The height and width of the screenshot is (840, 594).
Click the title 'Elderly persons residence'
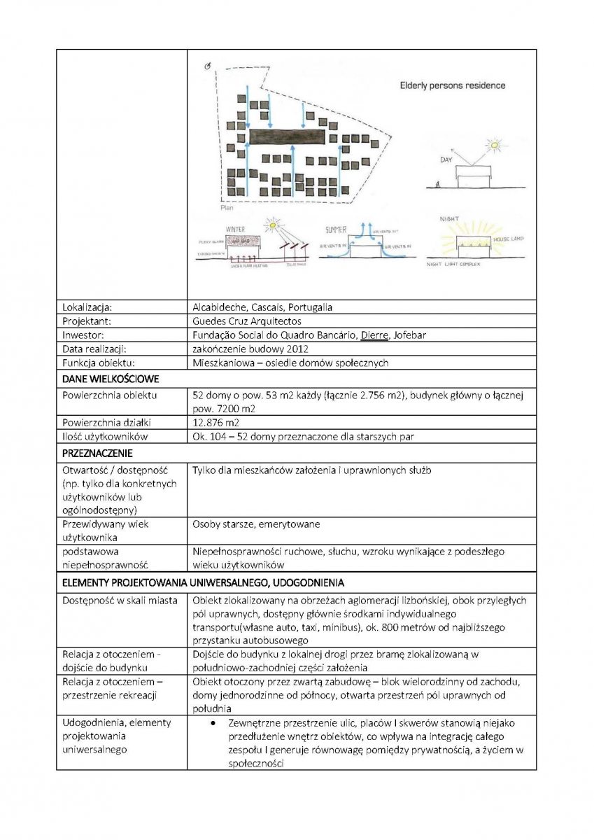pyautogui.click(x=452, y=86)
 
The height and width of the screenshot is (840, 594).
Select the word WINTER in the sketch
pyautogui.click(x=235, y=229)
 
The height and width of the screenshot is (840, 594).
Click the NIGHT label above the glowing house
pyautogui.click(x=448, y=219)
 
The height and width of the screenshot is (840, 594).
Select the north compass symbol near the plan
pyautogui.click(x=206, y=66)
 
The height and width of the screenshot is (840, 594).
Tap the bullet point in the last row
pyautogui.click(x=211, y=722)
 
